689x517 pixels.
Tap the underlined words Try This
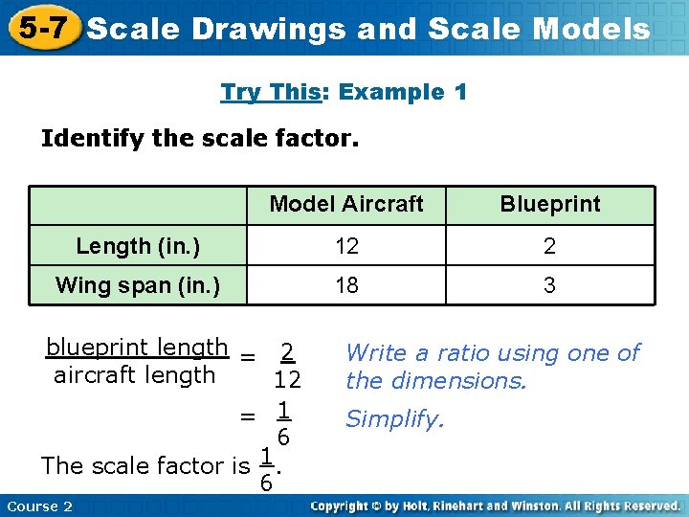click(x=270, y=93)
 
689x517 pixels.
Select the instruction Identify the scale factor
click(x=200, y=139)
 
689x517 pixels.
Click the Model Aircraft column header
click(x=345, y=204)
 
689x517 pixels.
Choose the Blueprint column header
click(x=549, y=204)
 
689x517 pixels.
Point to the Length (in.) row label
click(x=138, y=246)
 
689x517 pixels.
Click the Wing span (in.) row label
click(x=138, y=285)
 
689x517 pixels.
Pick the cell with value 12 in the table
click(x=346, y=246)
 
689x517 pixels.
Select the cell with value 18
click(x=346, y=285)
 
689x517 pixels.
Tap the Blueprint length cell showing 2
click(x=549, y=246)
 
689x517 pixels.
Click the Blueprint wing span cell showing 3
click(x=549, y=285)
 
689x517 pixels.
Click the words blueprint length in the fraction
click(x=137, y=348)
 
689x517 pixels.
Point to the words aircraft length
click(x=134, y=375)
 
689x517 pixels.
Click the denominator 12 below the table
click(x=287, y=381)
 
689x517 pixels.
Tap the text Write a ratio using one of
click(x=492, y=353)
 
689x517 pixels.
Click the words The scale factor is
click(x=144, y=466)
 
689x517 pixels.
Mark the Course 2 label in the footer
click(x=39, y=506)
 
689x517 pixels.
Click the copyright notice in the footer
click(x=495, y=506)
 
